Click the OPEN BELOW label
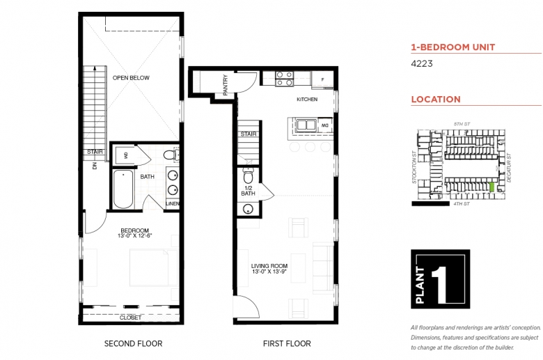pos(131,78)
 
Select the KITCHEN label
pos(307,100)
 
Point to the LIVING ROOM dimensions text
pos(269,272)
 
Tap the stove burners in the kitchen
pos(283,79)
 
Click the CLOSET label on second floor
pos(131,318)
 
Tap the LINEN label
pos(173,203)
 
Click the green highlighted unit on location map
pos(493,187)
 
